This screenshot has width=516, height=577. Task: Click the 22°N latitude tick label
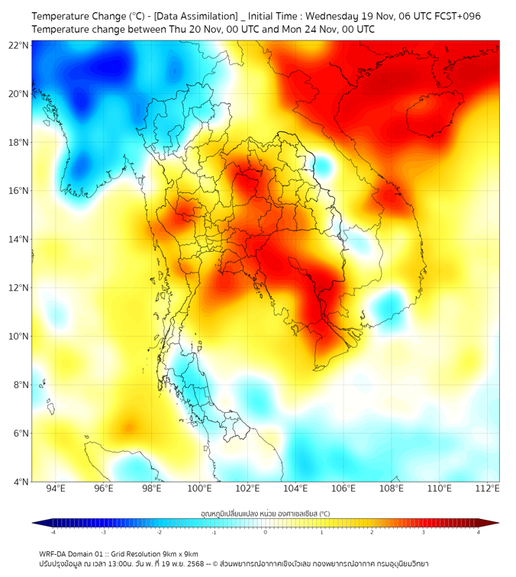[19, 45]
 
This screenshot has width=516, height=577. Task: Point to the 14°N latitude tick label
[19, 239]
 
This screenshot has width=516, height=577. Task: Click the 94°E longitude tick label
[56, 488]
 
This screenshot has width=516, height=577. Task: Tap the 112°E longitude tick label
[487, 488]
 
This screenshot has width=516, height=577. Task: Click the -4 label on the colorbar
[53, 531]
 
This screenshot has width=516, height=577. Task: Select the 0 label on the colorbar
[266, 531]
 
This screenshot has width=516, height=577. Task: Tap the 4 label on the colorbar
[479, 531]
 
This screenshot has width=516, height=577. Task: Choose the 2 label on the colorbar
[372, 531]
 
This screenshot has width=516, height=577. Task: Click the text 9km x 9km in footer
[180, 553]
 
